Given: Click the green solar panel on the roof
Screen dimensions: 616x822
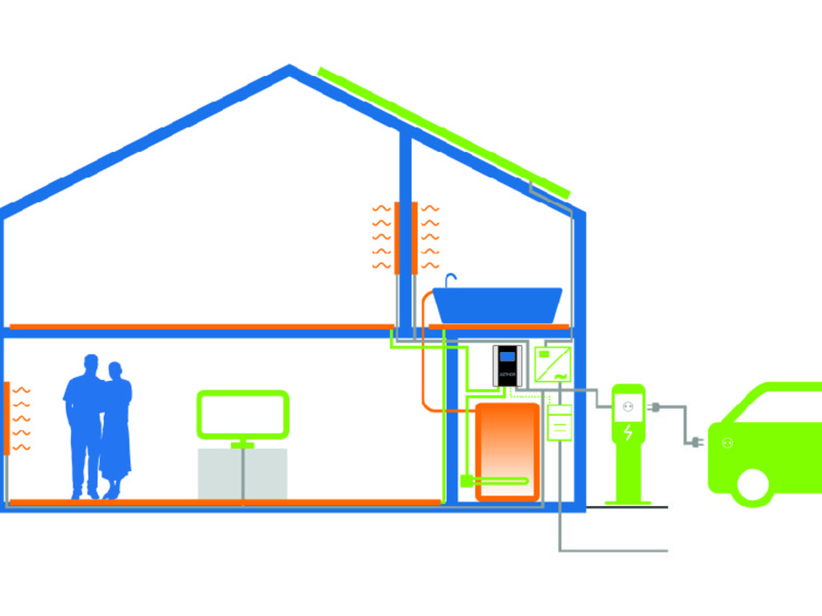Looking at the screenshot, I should pyautogui.click(x=444, y=131).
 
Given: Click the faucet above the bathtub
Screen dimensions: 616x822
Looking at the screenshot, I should pyautogui.click(x=450, y=280).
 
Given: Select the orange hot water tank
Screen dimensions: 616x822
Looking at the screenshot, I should pyautogui.click(x=507, y=451).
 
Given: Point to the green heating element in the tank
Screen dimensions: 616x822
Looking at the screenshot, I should pyautogui.click(x=494, y=481).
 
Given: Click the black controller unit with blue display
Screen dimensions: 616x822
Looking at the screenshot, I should pyautogui.click(x=507, y=365).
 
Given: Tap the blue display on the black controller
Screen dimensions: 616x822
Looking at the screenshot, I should pyautogui.click(x=507, y=356).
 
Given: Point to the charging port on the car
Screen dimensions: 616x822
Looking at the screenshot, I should pyautogui.click(x=725, y=443).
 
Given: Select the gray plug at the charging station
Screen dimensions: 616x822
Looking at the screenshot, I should pyautogui.click(x=655, y=405).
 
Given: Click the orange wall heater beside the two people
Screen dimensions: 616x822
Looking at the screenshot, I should pyautogui.click(x=7, y=418).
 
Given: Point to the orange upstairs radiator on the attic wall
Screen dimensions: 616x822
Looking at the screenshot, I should pyautogui.click(x=405, y=238).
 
